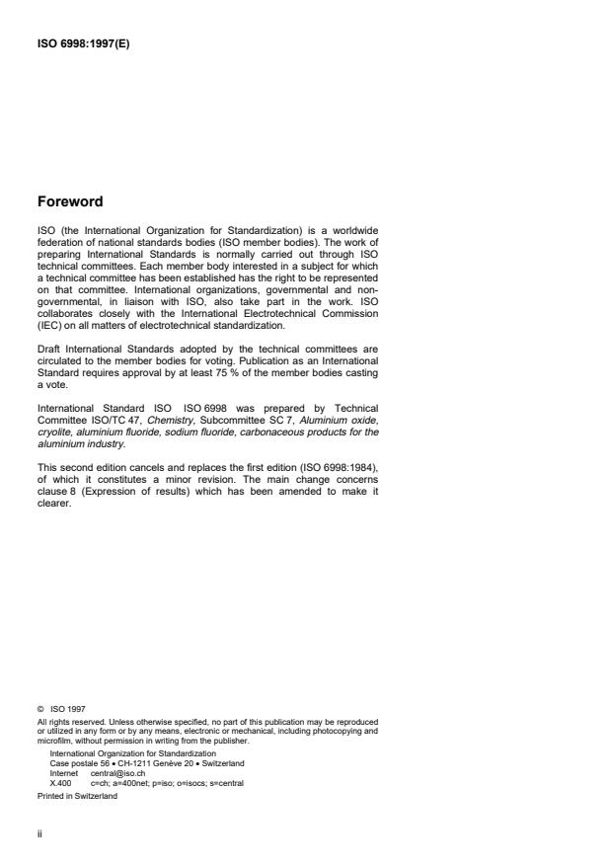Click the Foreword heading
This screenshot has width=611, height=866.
tap(69, 202)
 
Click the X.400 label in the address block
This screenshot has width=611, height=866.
tap(60, 782)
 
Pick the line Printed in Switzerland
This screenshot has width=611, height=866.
tap(76, 794)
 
